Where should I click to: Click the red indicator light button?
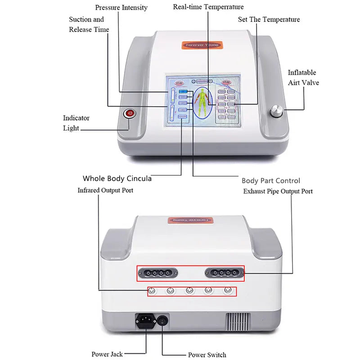pos(130,113)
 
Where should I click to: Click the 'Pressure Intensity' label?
pos(121,8)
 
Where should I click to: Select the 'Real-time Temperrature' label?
pos(208,7)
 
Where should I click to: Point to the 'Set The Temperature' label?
pos(269,19)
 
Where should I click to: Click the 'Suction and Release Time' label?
pos(89,24)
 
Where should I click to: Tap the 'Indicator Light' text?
pos(76,123)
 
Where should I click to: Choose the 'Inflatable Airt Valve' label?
pos(303,77)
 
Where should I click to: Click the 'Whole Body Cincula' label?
pos(117,179)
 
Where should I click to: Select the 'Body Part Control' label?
pos(271,180)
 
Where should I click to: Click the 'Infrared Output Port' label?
pos(105,190)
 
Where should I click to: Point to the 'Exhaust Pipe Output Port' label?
pos(278,191)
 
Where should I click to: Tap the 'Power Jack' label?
pos(107,354)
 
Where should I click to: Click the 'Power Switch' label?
pos(207,355)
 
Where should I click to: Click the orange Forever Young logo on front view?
pos(202,45)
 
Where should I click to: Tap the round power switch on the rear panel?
pos(162,320)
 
